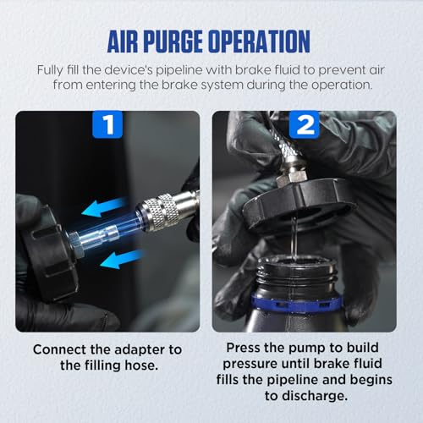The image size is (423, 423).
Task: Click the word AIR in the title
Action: click(124, 41)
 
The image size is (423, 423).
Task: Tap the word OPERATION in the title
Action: click(260, 41)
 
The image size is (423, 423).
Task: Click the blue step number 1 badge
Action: click(107, 124)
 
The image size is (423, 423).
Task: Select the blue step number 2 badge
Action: click(305, 124)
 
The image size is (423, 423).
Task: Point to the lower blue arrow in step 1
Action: click(122, 260)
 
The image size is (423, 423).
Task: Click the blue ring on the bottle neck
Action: click(295, 303)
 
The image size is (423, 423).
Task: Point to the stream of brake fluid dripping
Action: click(294, 239)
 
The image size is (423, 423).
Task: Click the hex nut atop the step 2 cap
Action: click(292, 177)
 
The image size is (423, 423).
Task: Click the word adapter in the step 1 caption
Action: click(140, 349)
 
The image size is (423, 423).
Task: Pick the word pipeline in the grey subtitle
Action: click(179, 70)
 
